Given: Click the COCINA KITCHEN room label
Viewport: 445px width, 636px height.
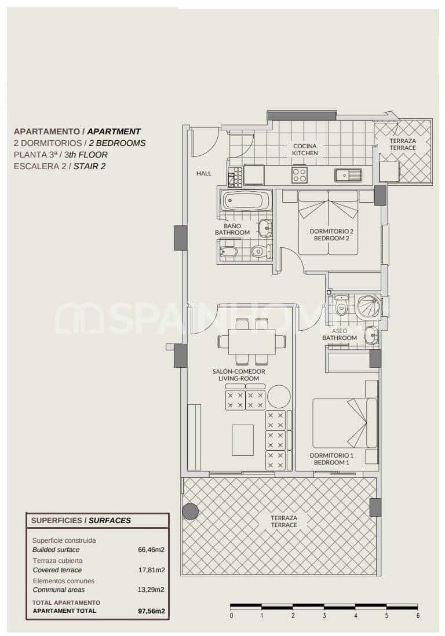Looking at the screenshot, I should (305, 149).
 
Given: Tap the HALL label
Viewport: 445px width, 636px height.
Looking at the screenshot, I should (203, 173).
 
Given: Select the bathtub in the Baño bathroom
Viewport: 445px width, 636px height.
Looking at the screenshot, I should (246, 201).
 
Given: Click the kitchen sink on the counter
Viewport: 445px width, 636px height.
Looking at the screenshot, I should (348, 174).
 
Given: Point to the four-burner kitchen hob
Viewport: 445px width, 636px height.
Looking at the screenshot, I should (300, 174).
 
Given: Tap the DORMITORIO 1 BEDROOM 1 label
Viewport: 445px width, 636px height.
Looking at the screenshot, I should (331, 459).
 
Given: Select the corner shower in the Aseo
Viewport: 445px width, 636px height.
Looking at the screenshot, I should (368, 307).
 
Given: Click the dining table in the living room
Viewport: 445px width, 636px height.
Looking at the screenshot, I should (251, 342).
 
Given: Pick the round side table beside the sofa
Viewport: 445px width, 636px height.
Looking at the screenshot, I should (279, 396).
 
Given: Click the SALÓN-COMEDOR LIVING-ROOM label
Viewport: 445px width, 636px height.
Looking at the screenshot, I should (239, 375).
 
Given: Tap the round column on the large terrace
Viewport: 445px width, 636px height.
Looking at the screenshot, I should (190, 511).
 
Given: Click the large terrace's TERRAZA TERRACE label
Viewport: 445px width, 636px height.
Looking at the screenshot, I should (284, 521).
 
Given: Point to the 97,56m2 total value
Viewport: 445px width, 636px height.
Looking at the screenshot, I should (152, 611).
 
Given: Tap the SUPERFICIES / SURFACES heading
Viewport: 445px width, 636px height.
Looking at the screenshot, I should (81, 520).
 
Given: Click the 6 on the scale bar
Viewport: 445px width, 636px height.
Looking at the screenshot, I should (417, 616).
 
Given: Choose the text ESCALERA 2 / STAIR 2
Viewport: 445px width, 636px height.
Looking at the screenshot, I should (60, 166).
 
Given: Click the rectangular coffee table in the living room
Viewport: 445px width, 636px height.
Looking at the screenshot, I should (243, 440).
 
